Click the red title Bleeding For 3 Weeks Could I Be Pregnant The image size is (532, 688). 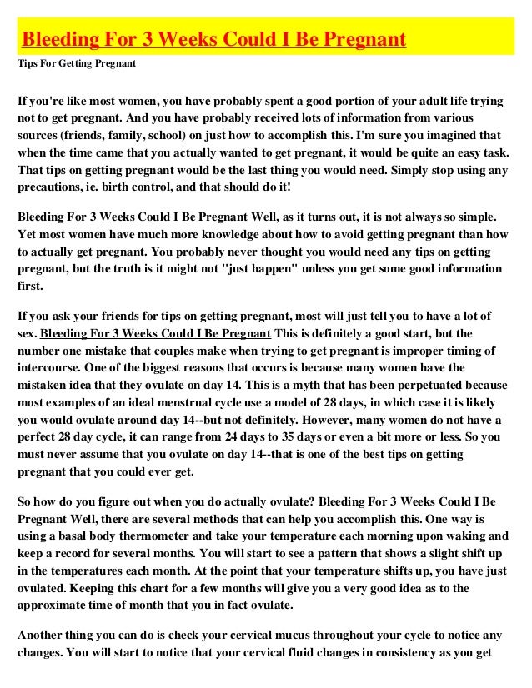[213, 39]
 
